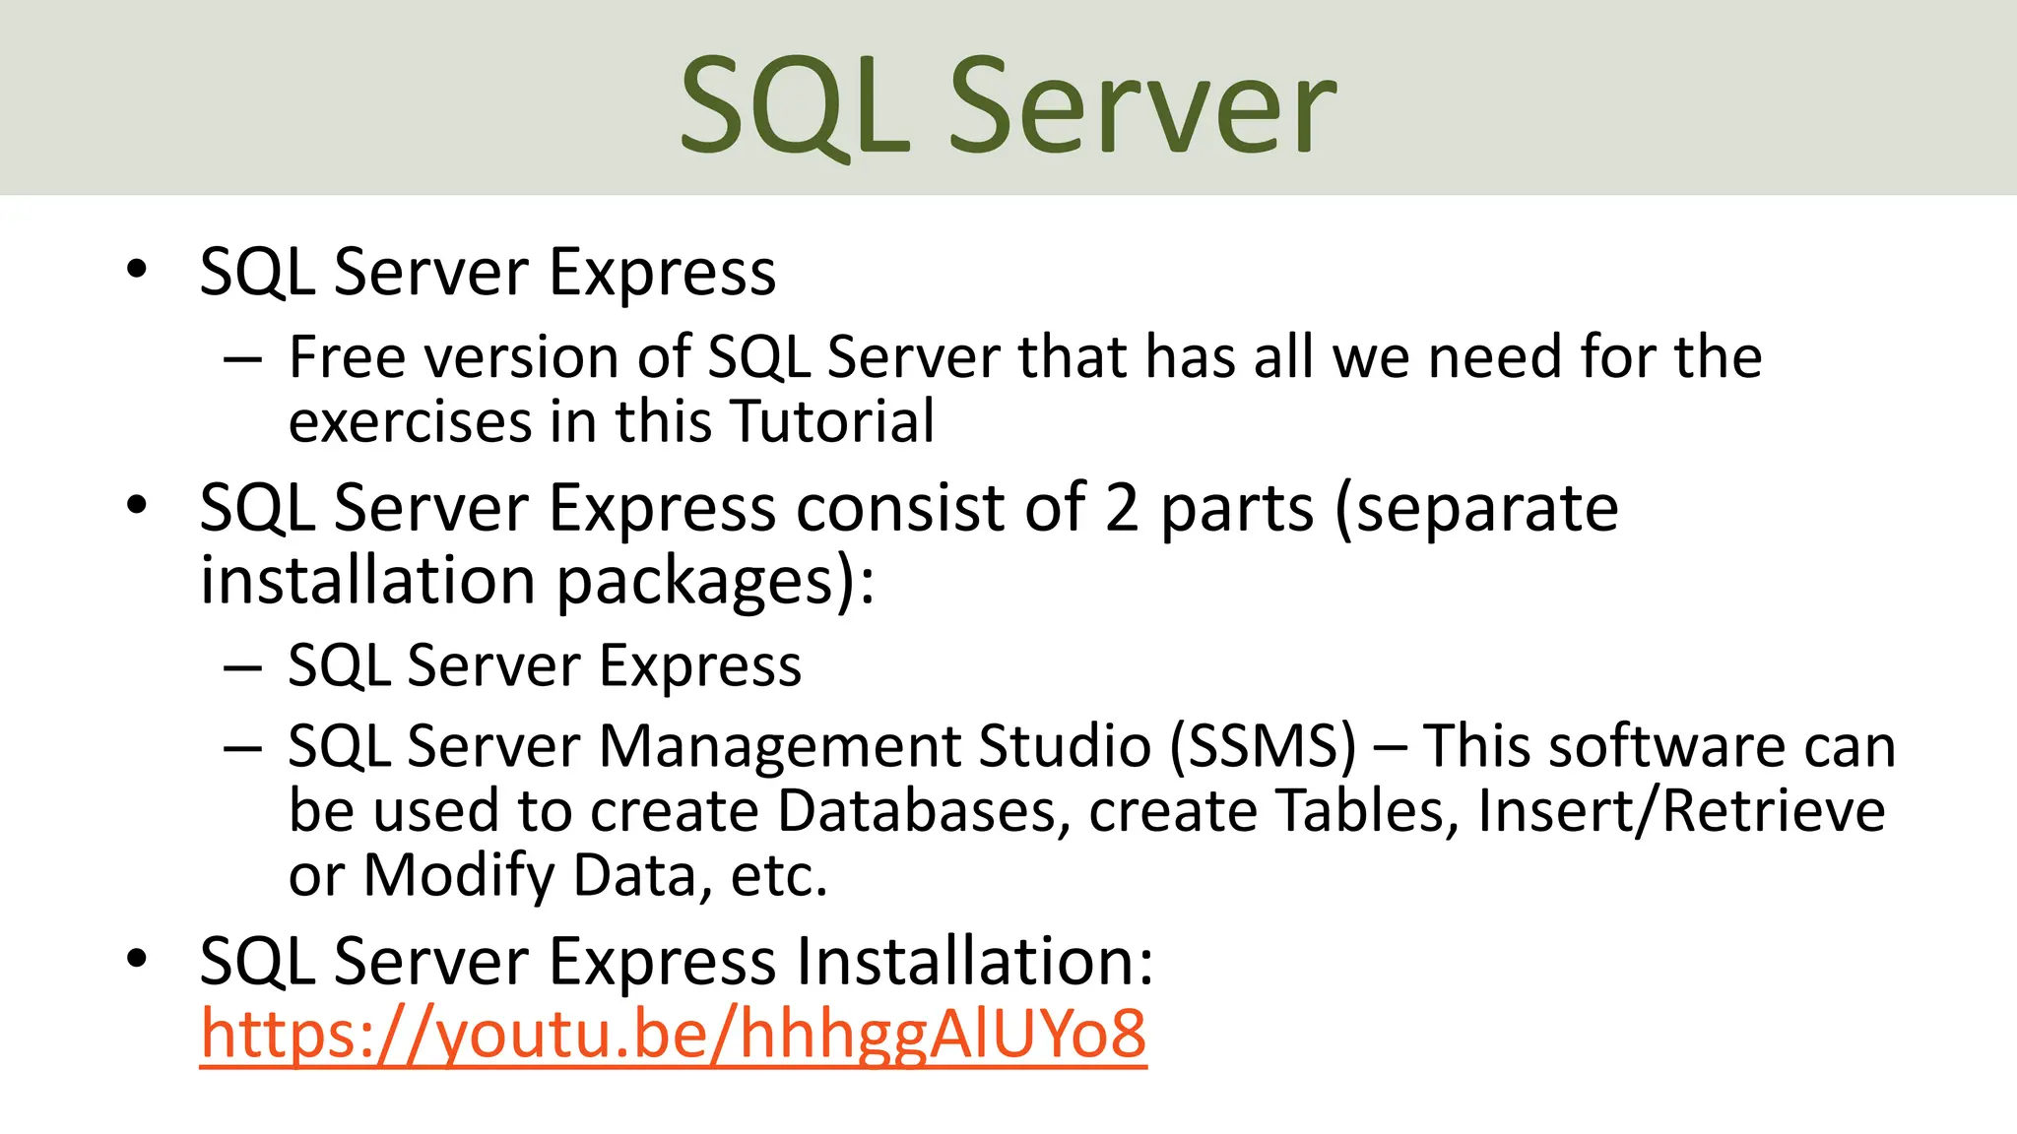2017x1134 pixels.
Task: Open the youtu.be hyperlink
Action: click(673, 1034)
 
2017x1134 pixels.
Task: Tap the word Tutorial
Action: click(833, 421)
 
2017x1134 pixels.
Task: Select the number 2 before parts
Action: click(1122, 508)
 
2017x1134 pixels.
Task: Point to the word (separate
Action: click(1476, 508)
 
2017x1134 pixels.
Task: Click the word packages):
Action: click(715, 581)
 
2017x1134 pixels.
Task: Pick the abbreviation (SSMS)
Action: click(1264, 745)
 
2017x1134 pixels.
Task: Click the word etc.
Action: click(778, 875)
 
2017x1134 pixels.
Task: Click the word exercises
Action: click(411, 421)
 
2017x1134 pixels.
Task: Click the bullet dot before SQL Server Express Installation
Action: click(137, 958)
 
